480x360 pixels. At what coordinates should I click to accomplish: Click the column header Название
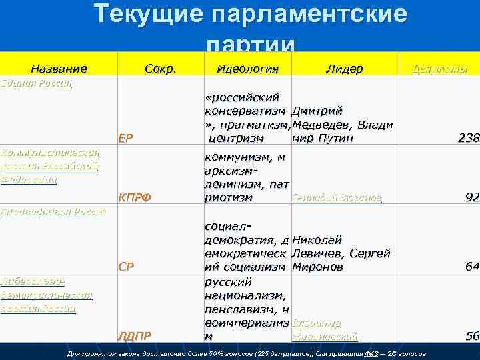tap(59, 69)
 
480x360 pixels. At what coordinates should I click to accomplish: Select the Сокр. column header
tap(160, 69)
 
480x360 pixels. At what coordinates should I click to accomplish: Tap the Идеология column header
tap(247, 69)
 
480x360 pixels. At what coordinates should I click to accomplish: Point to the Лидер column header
tap(344, 69)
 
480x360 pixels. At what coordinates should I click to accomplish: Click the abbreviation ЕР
tap(126, 139)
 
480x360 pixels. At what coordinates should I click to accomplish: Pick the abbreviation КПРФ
tap(135, 197)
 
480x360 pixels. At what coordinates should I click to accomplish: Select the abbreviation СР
tap(126, 267)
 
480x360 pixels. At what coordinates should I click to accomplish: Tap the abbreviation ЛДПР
tap(135, 335)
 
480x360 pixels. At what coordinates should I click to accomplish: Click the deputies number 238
tap(468, 139)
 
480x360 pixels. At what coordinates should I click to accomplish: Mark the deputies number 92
tap(472, 197)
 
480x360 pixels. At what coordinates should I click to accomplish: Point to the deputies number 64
tap(472, 267)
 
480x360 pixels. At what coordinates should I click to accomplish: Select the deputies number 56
tap(472, 336)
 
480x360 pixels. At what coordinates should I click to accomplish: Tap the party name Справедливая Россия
tap(53, 212)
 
